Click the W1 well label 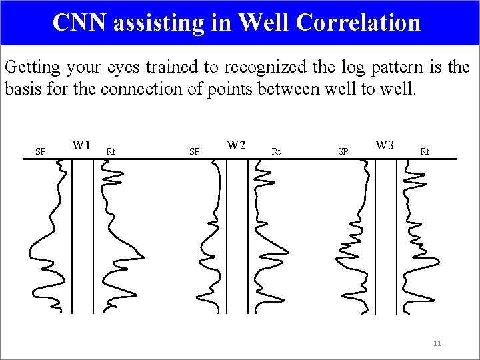click(x=81, y=145)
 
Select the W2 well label click(x=236, y=145)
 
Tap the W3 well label click(x=385, y=145)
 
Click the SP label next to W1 click(x=41, y=151)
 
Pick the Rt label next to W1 click(x=111, y=151)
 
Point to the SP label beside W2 click(x=195, y=151)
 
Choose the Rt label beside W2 click(x=276, y=151)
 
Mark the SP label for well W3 click(x=343, y=151)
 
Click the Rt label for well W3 click(x=425, y=151)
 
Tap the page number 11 click(x=437, y=343)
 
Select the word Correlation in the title click(x=358, y=23)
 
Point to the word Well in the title click(x=263, y=23)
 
